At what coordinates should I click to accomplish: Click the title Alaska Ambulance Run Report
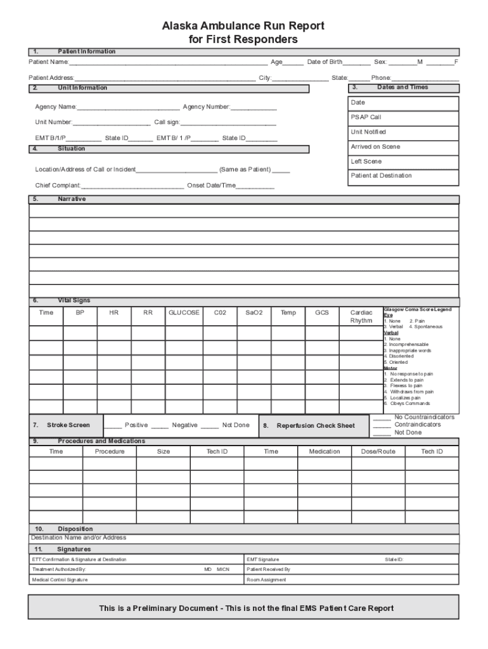243,26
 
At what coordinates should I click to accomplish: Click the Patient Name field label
49,62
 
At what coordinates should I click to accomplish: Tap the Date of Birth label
324,62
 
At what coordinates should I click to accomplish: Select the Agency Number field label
207,107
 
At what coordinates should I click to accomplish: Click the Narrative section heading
72,199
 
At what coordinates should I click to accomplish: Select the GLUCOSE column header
184,312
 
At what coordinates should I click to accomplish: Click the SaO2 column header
254,312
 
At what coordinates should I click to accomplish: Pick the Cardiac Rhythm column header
361,316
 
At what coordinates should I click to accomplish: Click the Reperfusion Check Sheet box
315,426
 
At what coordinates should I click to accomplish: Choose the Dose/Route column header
378,452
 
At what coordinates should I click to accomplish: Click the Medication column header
324,452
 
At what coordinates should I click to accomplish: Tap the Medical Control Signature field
60,580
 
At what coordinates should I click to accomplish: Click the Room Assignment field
266,580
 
